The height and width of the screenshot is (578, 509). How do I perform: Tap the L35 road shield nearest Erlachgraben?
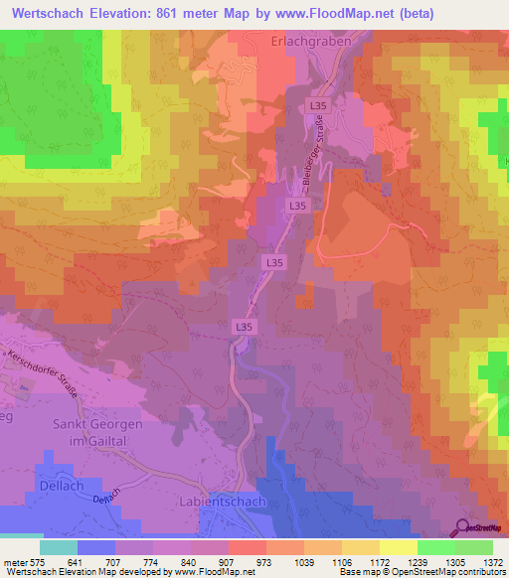click(317, 105)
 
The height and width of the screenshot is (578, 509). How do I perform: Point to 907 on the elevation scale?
click(210, 562)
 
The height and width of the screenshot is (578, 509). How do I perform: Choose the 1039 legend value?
click(285, 562)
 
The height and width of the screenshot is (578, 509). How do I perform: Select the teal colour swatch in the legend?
click(59, 547)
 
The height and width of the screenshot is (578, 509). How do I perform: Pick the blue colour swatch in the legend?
click(96, 547)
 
